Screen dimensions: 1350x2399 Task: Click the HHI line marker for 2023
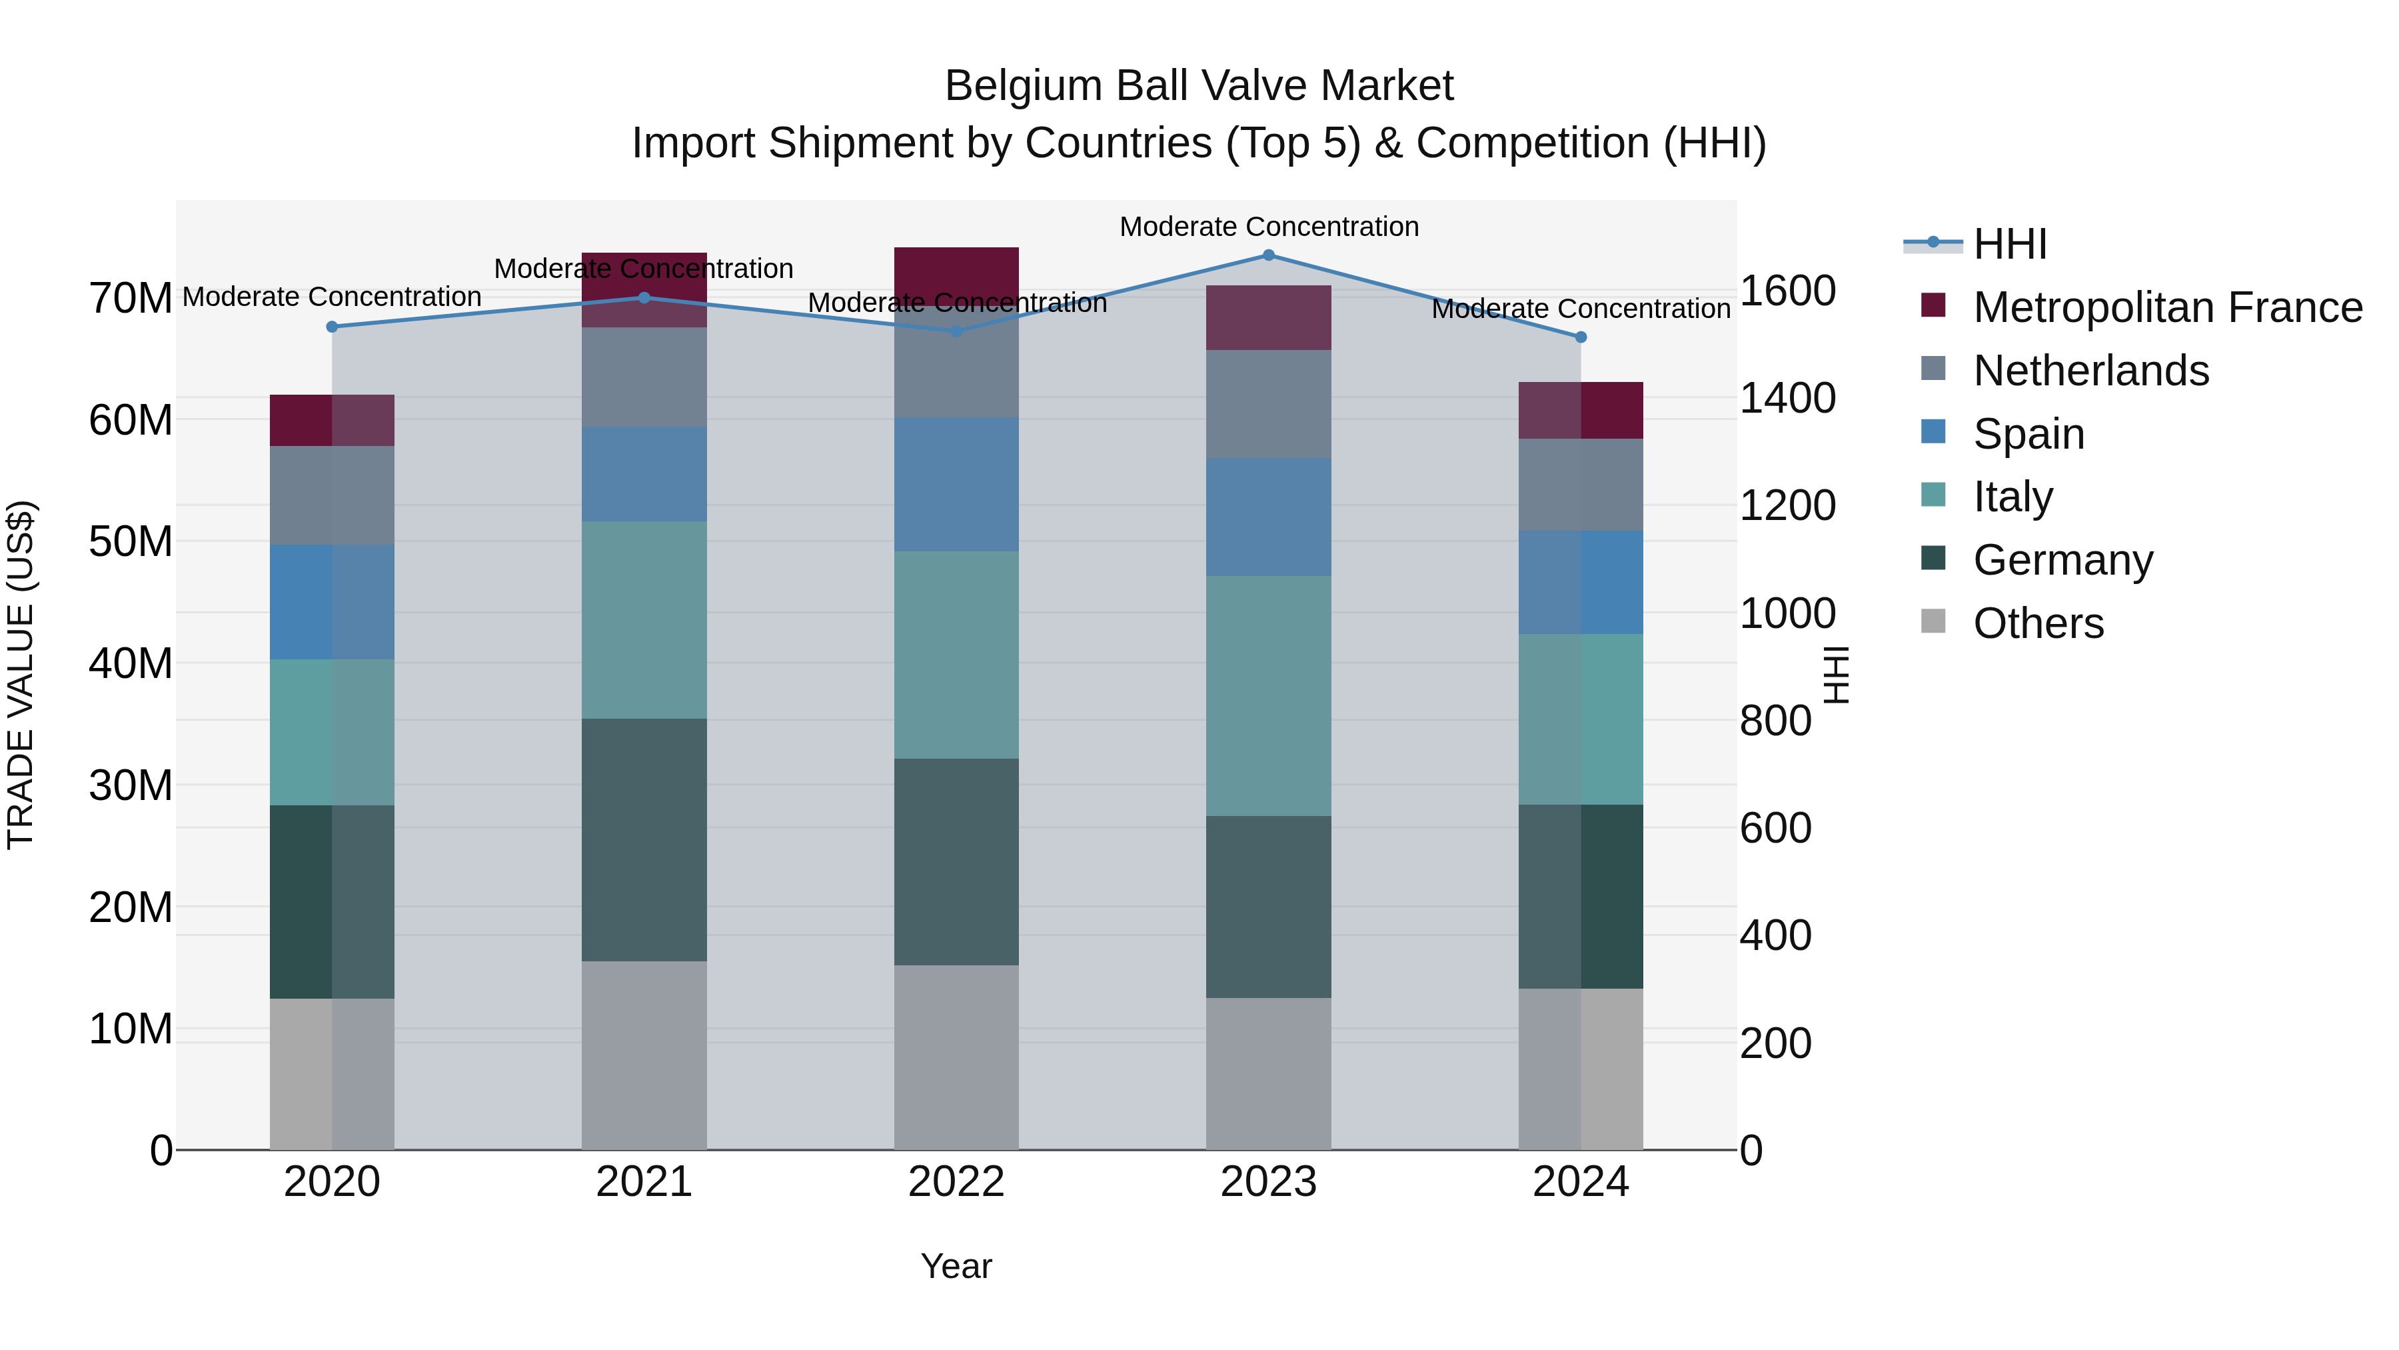(x=1268, y=255)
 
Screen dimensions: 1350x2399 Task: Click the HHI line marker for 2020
(x=333, y=327)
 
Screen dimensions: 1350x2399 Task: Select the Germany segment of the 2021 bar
(x=644, y=839)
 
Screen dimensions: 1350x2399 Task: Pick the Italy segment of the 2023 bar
(x=1268, y=696)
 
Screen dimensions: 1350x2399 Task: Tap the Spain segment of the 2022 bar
(x=956, y=485)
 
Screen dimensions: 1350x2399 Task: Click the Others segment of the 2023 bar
(x=1268, y=1073)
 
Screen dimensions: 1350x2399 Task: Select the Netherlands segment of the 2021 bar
(x=644, y=377)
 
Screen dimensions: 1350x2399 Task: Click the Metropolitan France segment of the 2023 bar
(x=1268, y=318)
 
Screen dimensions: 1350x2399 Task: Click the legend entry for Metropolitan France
(x=2167, y=307)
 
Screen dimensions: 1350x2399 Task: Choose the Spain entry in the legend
(x=2028, y=434)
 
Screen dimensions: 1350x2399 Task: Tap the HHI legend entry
(x=2010, y=244)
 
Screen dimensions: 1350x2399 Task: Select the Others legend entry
(x=2038, y=623)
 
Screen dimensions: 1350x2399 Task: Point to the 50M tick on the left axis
(x=131, y=542)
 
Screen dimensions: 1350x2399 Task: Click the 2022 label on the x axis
(x=956, y=1182)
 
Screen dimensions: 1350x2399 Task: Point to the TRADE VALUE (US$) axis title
(x=21, y=675)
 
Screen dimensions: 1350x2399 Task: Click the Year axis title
(x=956, y=1266)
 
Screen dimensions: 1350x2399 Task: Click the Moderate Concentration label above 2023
(x=1268, y=227)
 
